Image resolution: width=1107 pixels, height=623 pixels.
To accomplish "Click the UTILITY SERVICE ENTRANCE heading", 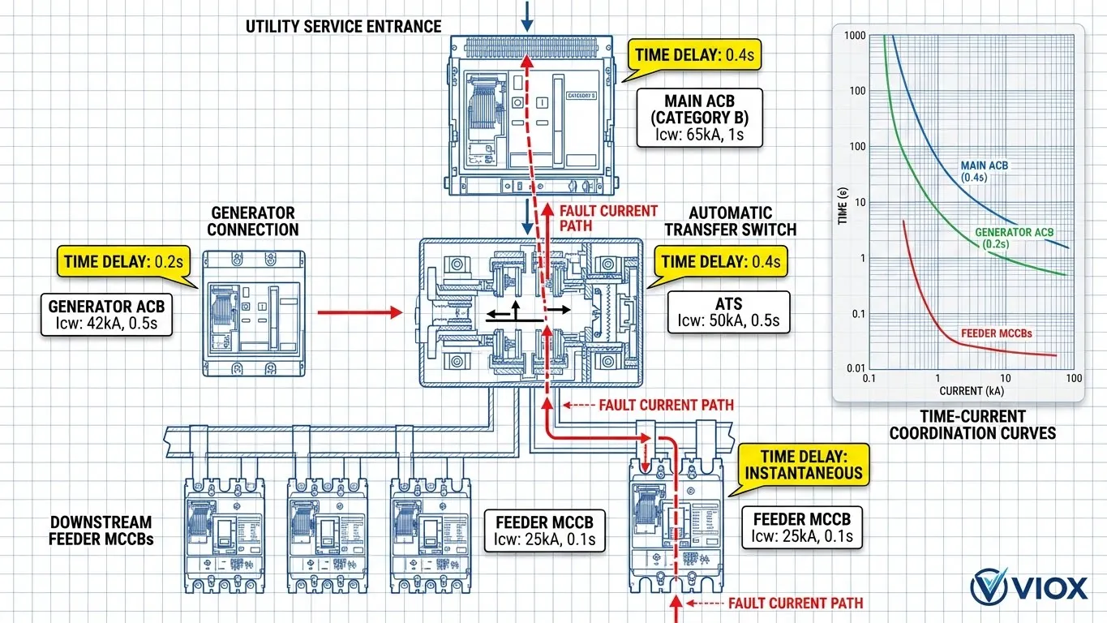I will [344, 27].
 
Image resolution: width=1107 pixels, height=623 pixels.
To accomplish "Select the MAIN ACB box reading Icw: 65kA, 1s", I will [700, 118].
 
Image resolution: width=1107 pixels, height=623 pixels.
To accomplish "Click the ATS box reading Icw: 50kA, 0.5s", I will [727, 312].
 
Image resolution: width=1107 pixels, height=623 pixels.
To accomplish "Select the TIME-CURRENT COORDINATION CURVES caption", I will [972, 424].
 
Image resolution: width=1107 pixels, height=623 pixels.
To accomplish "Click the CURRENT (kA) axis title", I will [972, 390].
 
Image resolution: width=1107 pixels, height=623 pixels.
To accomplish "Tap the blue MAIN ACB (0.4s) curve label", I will [985, 170].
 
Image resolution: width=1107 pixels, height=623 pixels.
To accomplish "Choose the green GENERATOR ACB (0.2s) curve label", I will [1013, 238].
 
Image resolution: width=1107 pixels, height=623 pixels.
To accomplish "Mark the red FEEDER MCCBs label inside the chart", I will [996, 333].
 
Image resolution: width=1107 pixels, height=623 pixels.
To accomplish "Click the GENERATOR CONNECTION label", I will [252, 221].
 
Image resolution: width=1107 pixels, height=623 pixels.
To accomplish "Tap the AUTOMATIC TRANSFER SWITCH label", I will [730, 221].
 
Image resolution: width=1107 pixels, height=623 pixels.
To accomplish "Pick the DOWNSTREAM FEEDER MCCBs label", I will [100, 530].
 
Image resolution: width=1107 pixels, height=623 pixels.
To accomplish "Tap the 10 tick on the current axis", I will [1006, 379].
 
